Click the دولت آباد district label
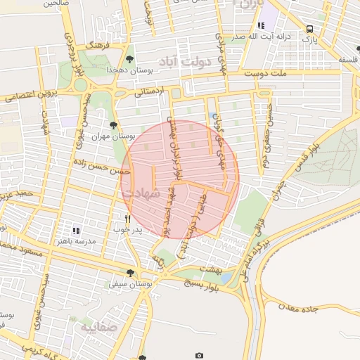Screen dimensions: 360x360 [x=186, y=62]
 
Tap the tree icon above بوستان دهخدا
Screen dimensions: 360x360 [x=129, y=59]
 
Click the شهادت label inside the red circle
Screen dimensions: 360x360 [x=141, y=192]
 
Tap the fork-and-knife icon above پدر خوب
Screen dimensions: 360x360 [x=127, y=219]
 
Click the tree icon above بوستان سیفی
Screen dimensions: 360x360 [x=129, y=273]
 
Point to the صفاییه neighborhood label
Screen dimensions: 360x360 [x=96, y=328]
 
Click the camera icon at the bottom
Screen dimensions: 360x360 [x=200, y=356]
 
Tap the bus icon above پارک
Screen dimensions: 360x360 [x=310, y=29]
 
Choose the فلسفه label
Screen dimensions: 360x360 [x=349, y=60]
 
